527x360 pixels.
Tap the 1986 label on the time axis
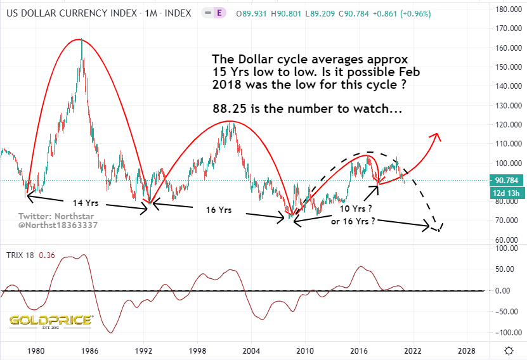89,350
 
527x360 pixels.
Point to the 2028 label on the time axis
467,350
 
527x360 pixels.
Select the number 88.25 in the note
228,108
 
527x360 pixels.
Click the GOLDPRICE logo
51,320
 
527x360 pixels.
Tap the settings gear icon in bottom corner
509,350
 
